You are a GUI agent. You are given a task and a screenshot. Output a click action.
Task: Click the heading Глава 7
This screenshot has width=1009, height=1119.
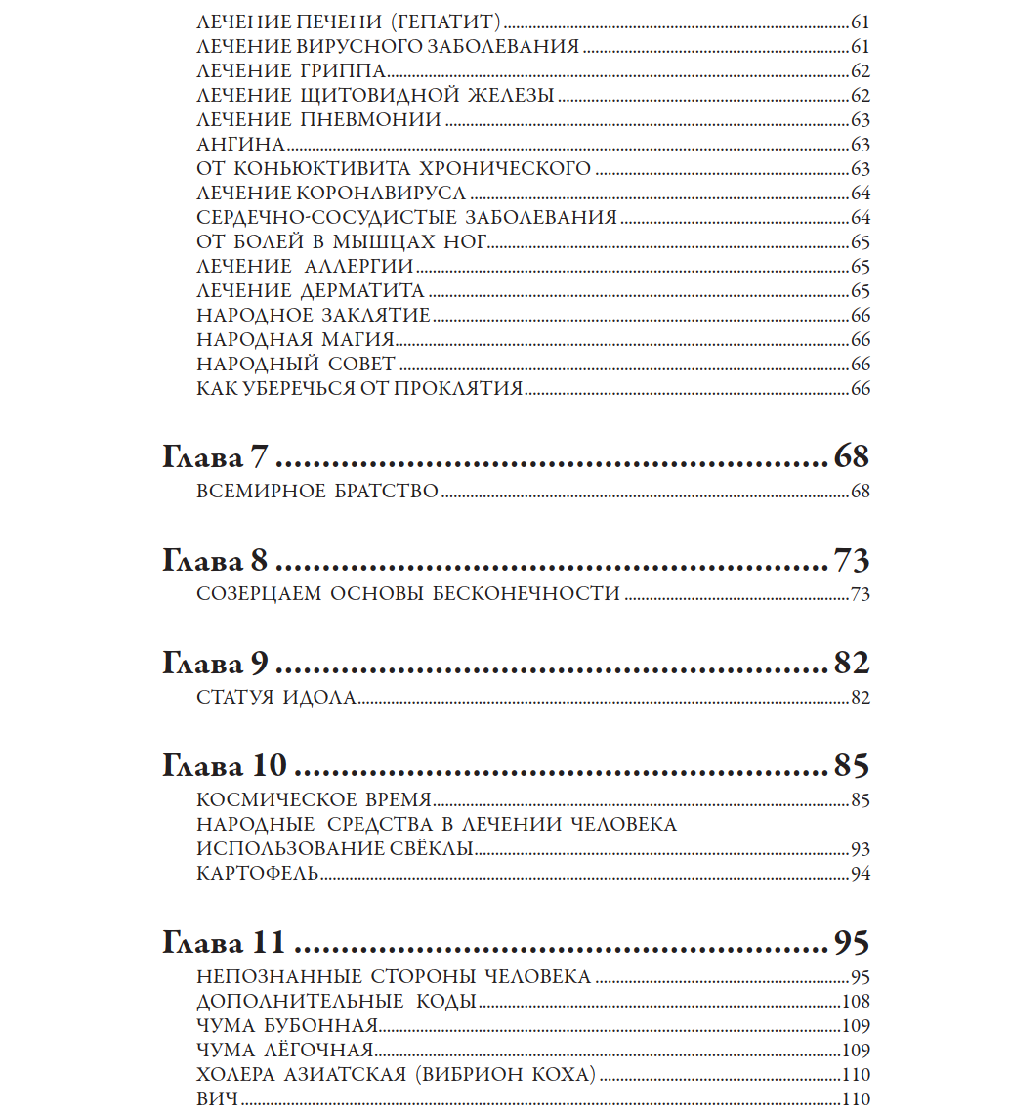click(215, 457)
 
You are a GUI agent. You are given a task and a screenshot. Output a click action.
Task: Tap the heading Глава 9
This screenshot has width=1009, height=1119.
click(215, 664)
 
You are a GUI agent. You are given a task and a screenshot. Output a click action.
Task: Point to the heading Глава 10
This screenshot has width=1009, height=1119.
click(223, 766)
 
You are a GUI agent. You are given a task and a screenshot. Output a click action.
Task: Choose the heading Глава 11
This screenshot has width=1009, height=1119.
click(223, 943)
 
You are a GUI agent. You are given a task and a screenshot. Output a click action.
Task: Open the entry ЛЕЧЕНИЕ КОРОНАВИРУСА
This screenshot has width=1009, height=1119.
click(331, 193)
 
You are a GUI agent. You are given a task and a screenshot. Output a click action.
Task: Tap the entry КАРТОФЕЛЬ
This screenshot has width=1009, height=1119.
click(258, 873)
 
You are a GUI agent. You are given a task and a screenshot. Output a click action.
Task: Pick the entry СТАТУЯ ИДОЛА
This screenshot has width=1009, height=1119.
click(275, 698)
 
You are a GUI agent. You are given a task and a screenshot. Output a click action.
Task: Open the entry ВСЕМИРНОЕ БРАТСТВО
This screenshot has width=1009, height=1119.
click(317, 492)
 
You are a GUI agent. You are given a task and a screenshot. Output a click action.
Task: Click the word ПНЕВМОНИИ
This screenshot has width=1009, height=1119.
click(385, 120)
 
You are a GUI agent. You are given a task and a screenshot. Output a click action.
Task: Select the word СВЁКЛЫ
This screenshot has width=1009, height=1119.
click(430, 848)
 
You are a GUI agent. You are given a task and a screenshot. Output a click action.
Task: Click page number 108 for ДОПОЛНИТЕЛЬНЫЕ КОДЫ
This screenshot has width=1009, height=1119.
click(856, 1002)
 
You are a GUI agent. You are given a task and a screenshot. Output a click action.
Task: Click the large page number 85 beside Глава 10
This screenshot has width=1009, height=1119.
click(851, 766)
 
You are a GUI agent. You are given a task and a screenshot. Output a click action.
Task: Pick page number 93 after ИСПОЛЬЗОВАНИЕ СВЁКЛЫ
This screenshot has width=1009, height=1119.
click(860, 848)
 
